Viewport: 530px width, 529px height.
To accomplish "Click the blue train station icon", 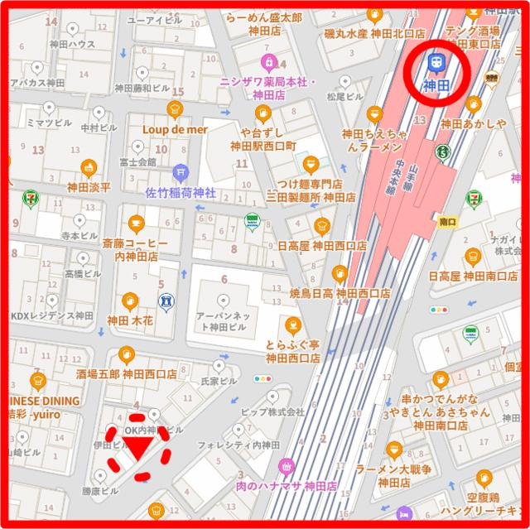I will (x=435, y=62).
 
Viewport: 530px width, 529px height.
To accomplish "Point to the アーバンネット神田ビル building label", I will (x=224, y=322).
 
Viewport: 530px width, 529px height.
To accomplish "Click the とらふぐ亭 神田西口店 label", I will (x=292, y=351).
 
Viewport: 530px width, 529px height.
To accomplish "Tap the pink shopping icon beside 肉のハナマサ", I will (x=287, y=466).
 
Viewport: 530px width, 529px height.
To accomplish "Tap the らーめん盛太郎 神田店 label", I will (x=263, y=24).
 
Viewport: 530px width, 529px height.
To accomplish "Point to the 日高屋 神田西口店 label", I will (x=322, y=246).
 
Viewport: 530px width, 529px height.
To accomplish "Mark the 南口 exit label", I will (x=449, y=222).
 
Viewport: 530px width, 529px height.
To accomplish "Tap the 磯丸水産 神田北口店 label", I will (x=373, y=34).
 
